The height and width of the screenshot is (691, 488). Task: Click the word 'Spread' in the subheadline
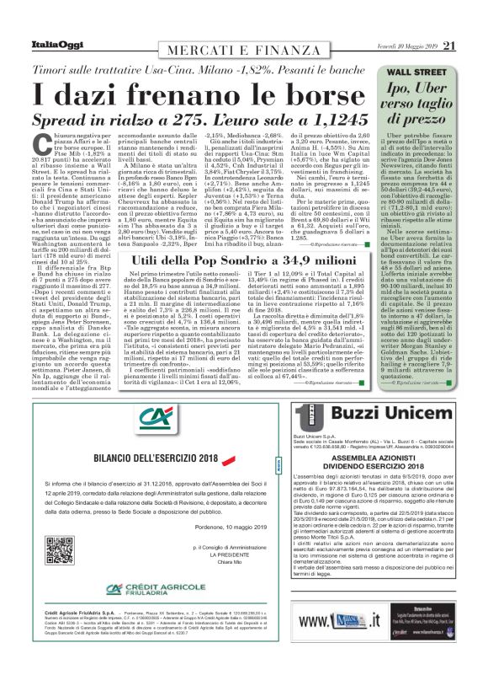click(x=61, y=121)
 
